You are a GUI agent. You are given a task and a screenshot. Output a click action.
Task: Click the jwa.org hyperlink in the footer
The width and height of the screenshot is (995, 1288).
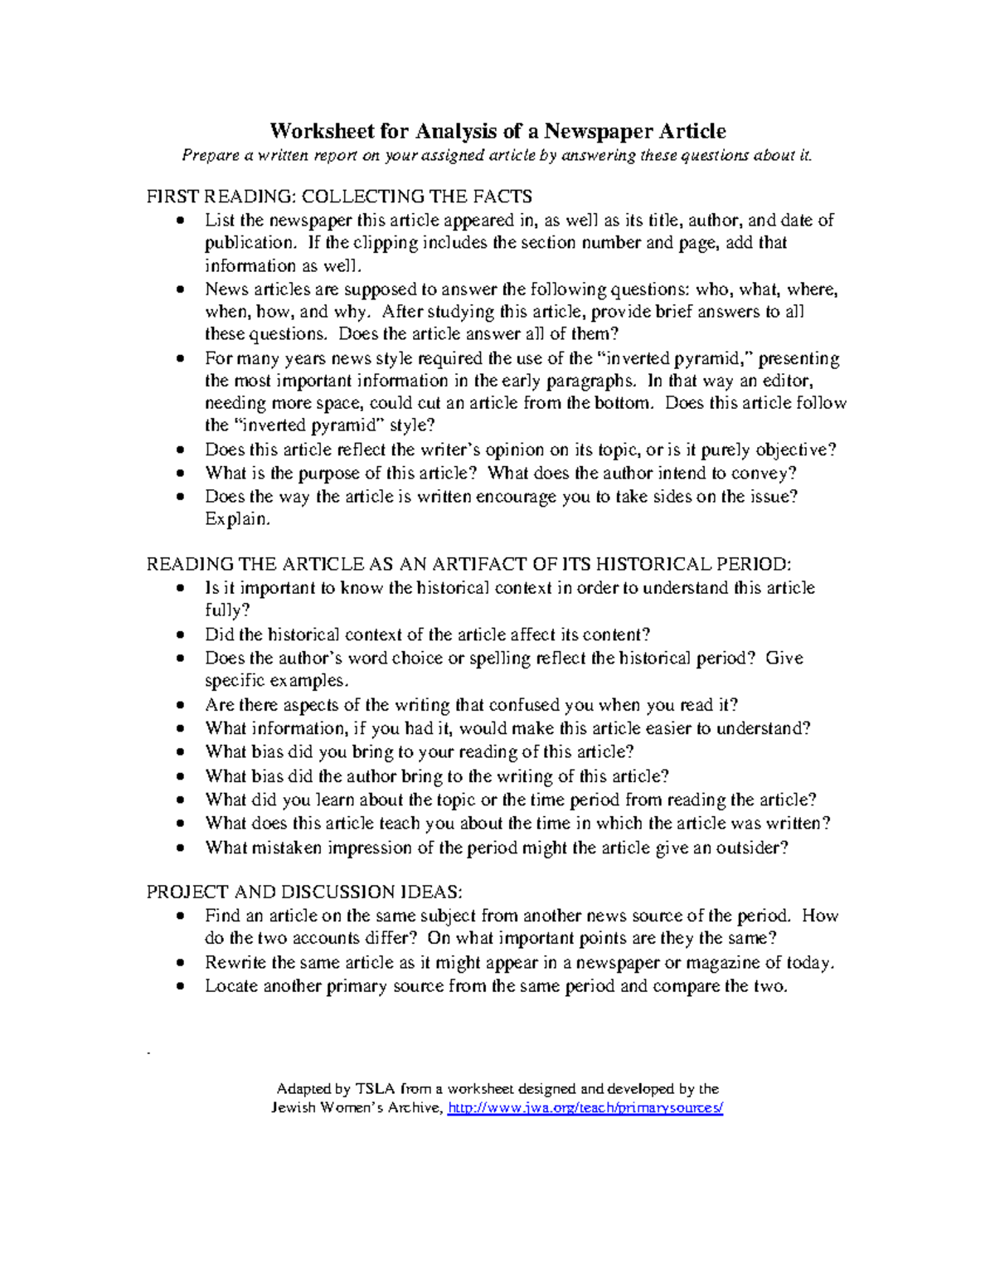click(585, 1108)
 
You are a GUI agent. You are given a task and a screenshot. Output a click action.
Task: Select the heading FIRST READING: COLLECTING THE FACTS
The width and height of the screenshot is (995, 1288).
click(339, 197)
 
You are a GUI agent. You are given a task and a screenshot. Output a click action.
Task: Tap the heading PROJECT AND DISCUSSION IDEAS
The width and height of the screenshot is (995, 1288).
click(304, 892)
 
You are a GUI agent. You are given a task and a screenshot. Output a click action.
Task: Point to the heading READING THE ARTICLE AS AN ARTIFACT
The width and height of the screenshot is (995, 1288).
click(468, 564)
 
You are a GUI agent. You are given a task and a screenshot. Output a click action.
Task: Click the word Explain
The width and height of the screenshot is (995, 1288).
click(237, 519)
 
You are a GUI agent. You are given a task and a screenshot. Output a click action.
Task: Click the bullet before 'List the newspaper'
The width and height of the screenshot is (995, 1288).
click(182, 221)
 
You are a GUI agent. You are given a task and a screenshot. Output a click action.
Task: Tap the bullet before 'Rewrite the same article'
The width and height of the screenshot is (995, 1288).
click(182, 963)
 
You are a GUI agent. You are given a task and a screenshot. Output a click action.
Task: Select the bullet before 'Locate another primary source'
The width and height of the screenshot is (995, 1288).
click(182, 987)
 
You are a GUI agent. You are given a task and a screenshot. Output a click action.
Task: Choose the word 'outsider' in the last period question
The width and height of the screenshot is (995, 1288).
click(749, 848)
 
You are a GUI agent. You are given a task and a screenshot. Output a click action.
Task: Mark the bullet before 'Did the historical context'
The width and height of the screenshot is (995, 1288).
click(182, 635)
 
